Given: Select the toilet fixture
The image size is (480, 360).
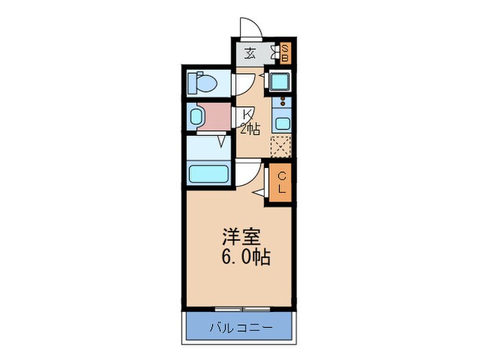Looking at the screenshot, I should [x=203, y=83].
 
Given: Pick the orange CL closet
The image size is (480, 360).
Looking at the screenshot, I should [x=281, y=183].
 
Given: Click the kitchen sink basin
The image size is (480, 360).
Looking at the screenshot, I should [x=281, y=124].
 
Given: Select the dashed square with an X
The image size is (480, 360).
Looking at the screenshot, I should [x=280, y=147].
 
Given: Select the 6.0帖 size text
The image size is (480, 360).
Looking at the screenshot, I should [x=245, y=258].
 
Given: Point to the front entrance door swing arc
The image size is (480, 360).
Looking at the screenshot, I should [x=250, y=29].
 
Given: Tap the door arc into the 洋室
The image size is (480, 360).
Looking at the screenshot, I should [x=249, y=175].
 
